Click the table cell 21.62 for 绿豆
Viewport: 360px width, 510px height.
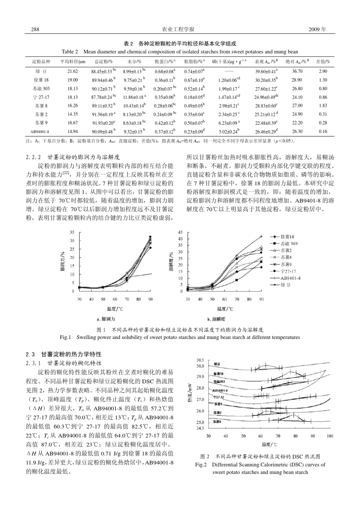click(72, 71)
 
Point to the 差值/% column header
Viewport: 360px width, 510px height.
click(323, 61)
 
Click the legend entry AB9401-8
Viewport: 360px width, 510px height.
click(290, 278)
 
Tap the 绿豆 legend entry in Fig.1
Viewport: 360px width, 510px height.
click(286, 285)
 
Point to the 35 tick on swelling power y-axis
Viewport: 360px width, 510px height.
click(72, 232)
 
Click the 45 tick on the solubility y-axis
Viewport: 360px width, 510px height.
click(181, 232)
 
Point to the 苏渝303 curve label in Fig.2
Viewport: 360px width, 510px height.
click(219, 381)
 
